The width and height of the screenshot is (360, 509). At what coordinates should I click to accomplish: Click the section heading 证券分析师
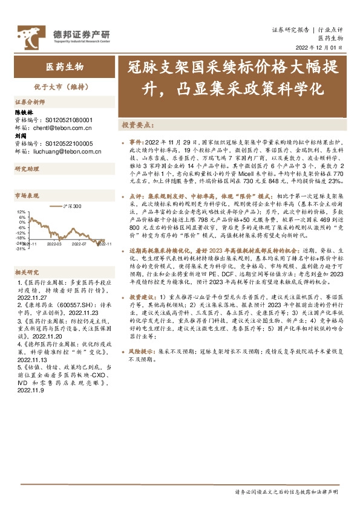pyautogui.click(x=30, y=102)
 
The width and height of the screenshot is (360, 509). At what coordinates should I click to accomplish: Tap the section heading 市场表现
pyautogui.click(x=27, y=196)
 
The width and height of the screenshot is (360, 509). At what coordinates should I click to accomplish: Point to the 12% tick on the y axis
pyautogui.click(x=22, y=212)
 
